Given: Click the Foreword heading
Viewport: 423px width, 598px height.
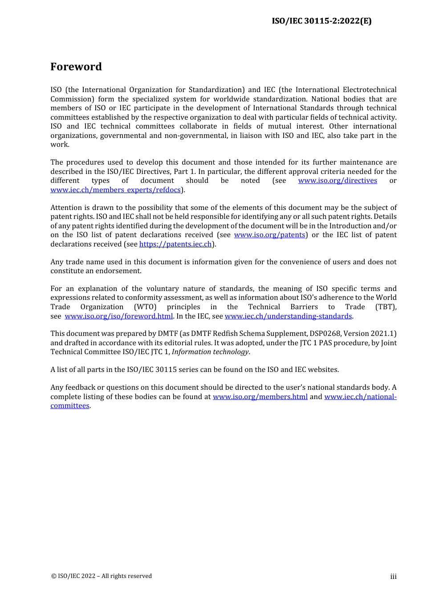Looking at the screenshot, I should point(76,67).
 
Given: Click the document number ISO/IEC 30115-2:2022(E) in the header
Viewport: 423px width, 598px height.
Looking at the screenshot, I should point(321,21).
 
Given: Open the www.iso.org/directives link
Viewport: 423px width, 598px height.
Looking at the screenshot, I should point(337,181).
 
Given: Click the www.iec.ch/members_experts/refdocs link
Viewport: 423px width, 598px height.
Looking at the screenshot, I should point(115,190).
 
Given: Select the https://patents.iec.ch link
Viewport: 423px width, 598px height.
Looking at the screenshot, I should point(175,244).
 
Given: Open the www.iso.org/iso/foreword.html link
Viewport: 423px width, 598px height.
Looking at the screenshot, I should point(118,316).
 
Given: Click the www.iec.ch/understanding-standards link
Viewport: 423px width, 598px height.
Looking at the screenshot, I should point(288,316).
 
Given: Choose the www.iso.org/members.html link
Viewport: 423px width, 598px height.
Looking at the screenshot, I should point(260,397).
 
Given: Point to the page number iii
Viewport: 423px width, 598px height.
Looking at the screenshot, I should point(393,577).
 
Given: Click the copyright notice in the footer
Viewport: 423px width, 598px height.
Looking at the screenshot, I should point(101,576).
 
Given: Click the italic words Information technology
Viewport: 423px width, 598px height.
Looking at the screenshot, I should point(210,352).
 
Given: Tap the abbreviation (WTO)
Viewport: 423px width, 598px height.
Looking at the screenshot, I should point(145,307).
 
